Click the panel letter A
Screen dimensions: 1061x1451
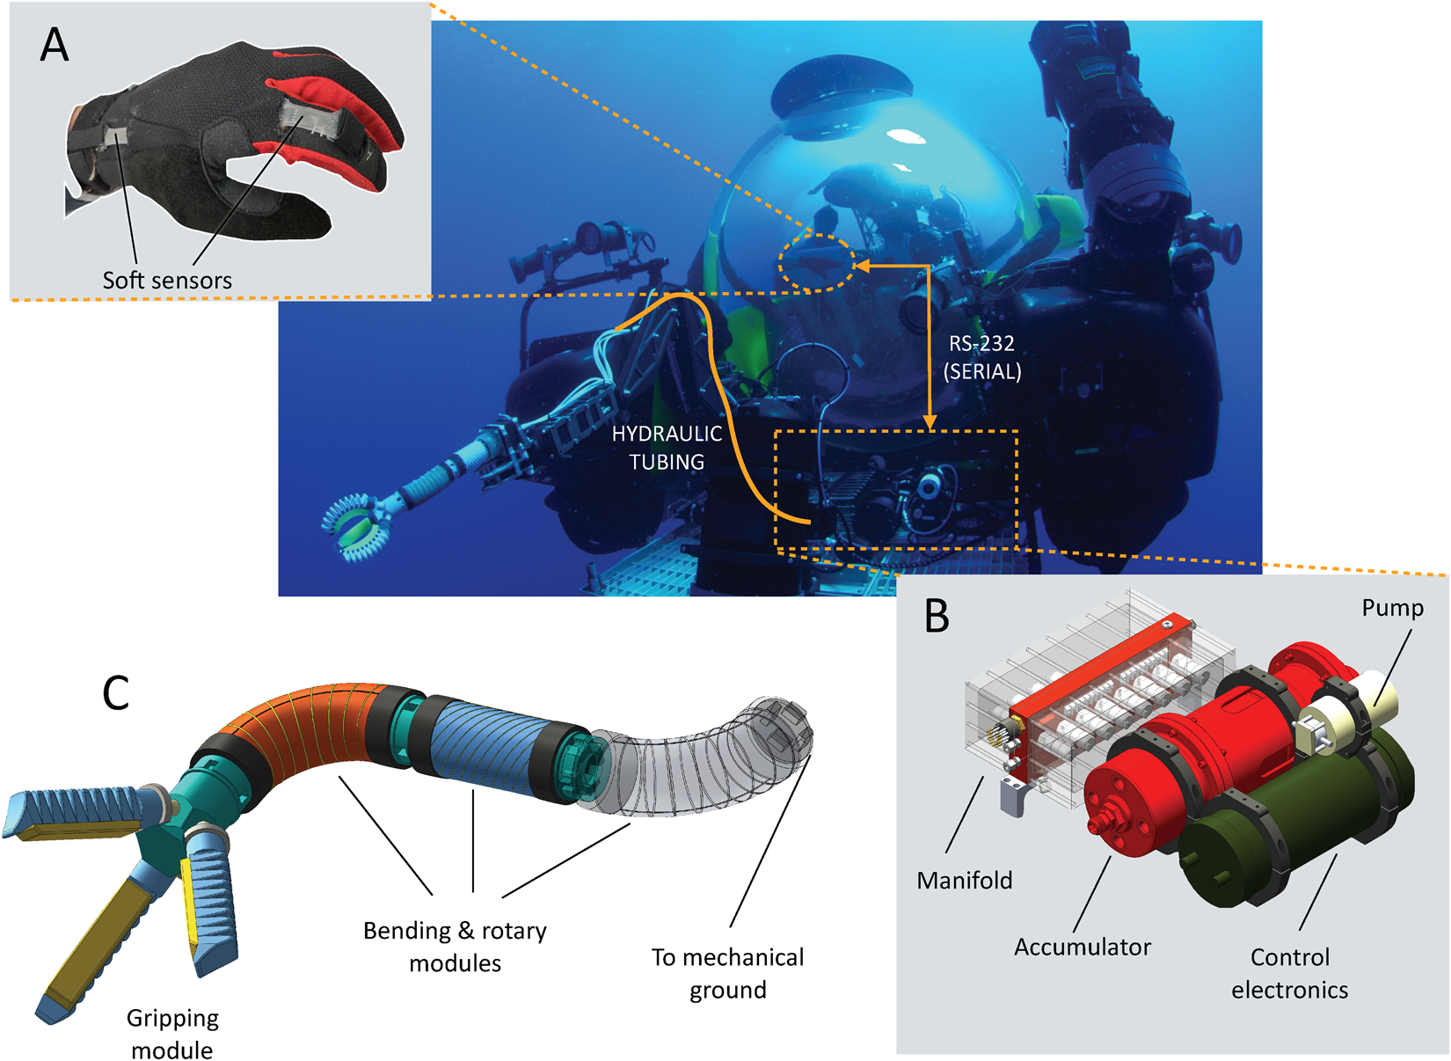(55, 45)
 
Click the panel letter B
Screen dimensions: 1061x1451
(937, 616)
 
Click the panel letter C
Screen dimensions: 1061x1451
(116, 693)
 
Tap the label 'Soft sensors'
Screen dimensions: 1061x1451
(167, 281)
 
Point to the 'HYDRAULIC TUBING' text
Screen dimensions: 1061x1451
(667, 448)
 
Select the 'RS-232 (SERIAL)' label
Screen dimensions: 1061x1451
(982, 358)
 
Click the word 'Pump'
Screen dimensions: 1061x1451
(1392, 608)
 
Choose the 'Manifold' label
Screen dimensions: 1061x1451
(964, 881)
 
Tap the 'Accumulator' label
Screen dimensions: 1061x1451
(1082, 948)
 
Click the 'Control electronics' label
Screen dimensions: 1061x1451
(1289, 974)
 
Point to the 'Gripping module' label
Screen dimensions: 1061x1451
(172, 1034)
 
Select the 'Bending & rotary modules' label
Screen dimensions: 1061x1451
(455, 947)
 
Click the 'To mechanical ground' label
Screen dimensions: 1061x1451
(727, 973)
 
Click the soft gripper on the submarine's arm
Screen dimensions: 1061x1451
(356, 528)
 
